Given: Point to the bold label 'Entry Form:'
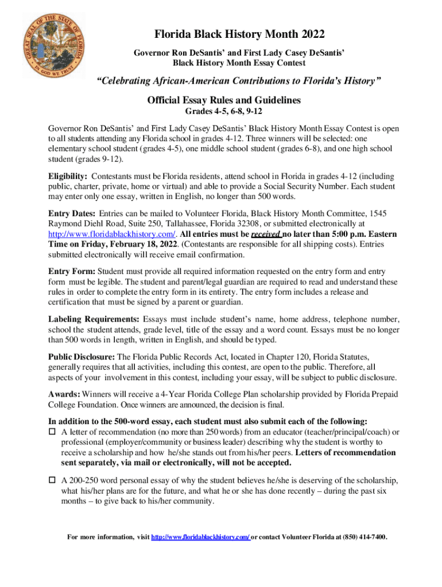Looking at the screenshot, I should [72, 271].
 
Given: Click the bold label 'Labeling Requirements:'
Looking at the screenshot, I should [94, 318].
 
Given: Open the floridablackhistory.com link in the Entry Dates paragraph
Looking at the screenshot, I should [112, 234].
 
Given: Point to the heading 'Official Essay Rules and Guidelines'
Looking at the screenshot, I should [224, 100].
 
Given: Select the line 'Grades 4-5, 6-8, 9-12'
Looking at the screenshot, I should [224, 111].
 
